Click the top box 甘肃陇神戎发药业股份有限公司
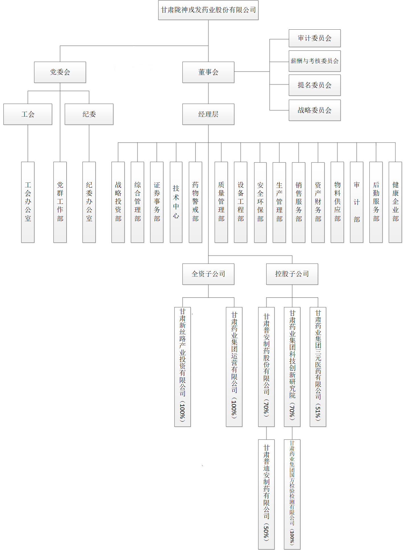pyautogui.click(x=208, y=10)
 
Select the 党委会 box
pyautogui.click(x=60, y=72)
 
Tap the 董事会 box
pyautogui.click(x=208, y=72)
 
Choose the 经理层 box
pyautogui.click(x=208, y=114)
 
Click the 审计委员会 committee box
pyautogui.click(x=314, y=38)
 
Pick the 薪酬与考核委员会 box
pyautogui.click(x=314, y=61)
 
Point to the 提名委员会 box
pyautogui.click(x=314, y=85)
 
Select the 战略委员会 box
pyautogui.click(x=314, y=110)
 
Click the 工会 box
pyautogui.click(x=28, y=114)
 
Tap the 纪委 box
pyautogui.click(x=89, y=114)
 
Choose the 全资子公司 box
pyautogui.click(x=208, y=274)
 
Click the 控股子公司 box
pyautogui.click(x=292, y=274)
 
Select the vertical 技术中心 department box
pyautogui.click(x=176, y=202)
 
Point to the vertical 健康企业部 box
pyautogui.click(x=395, y=202)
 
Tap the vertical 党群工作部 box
pyautogui.click(x=60, y=202)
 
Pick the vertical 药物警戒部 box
pyautogui.click(x=195, y=202)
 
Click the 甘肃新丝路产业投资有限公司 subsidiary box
pyautogui.click(x=182, y=366)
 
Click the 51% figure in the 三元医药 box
pyautogui.click(x=318, y=411)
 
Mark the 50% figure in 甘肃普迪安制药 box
pyautogui.click(x=266, y=532)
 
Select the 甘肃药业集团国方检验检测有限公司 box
pyautogui.click(x=292, y=494)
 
